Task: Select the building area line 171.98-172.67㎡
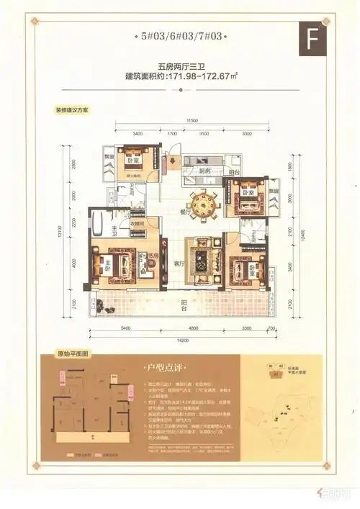[181, 76]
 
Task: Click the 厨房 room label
[185, 171]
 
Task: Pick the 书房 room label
[152, 256]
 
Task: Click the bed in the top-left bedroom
[134, 158]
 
